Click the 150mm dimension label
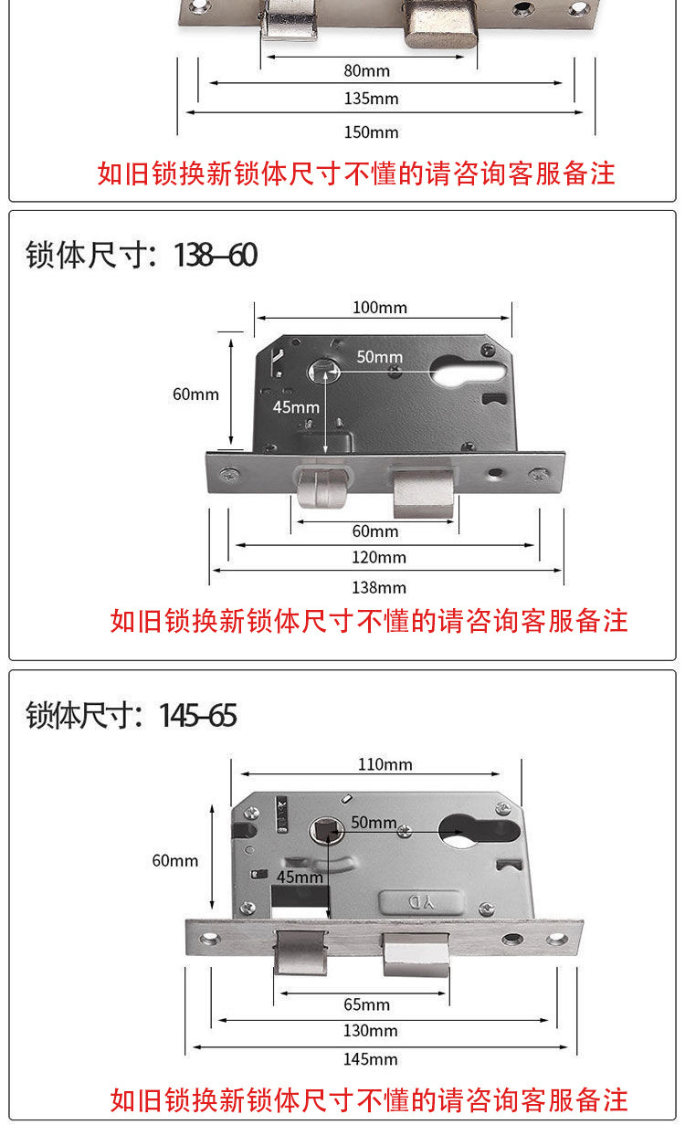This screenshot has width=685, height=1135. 371,132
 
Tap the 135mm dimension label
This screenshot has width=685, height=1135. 371,99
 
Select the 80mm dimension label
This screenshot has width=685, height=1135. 366,70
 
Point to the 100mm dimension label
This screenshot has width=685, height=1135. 380,307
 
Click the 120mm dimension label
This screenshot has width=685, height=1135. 379,557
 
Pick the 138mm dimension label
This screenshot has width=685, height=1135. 379,587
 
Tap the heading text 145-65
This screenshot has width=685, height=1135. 198,715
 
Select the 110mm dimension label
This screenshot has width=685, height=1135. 385,764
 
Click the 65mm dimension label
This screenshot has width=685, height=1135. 366,1004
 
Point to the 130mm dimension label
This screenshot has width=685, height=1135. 371,1031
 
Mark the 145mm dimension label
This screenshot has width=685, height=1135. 371,1059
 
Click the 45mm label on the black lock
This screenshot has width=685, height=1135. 296,406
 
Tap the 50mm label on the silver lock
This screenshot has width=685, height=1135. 374,823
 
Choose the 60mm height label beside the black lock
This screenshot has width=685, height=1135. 196,394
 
